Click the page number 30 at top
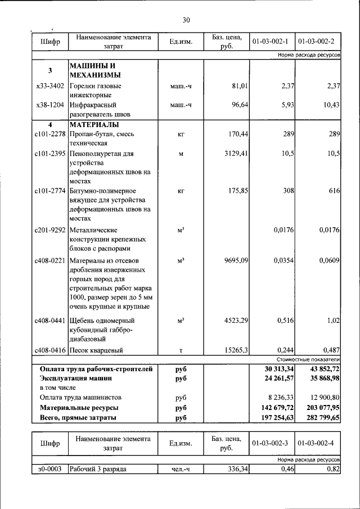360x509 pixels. [186, 20]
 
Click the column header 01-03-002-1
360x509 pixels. [271, 42]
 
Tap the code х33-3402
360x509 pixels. [50, 86]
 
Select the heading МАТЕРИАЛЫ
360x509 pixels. [94, 124]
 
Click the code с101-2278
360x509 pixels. [50, 134]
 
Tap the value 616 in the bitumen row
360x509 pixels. [334, 191]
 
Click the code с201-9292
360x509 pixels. [50, 230]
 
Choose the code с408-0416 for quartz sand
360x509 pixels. [50, 350]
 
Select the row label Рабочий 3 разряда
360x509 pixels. [97, 469]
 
